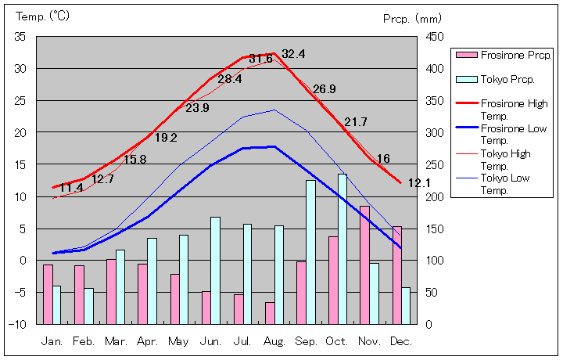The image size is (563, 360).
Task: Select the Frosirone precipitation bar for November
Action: coord(365,265)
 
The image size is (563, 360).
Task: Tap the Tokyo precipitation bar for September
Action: coord(310,252)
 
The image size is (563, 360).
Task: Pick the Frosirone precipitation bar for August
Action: coord(270,313)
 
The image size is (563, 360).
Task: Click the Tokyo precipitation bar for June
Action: coord(215,270)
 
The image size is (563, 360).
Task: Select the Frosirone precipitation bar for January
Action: coord(48,294)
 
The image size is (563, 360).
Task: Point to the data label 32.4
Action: coord(293,54)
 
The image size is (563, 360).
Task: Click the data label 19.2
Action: coord(166,138)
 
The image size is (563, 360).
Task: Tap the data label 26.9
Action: coord(324,89)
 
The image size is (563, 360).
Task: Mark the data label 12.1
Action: coord(419,183)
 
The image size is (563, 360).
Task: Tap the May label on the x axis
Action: coord(179,342)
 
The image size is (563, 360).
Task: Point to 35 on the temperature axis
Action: coord(20,37)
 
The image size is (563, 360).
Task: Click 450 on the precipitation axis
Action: coord(436,37)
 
